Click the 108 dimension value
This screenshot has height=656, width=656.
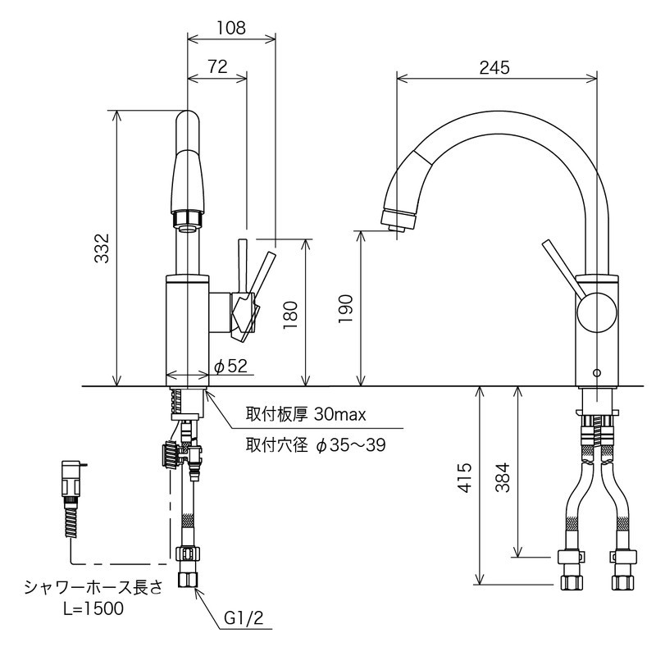230,26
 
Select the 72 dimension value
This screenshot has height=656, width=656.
216,67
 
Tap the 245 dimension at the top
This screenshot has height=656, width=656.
495,67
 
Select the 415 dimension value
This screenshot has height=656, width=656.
465,486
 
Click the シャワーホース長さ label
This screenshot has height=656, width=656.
94,586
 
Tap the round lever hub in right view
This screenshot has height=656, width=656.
595,314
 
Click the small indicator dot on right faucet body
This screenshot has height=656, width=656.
596,373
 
